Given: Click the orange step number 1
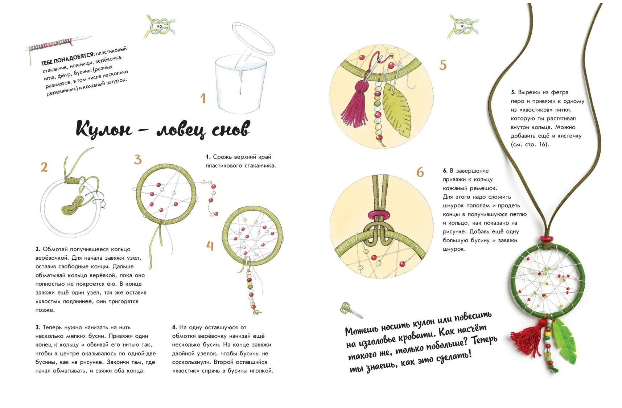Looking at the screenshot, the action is coord(203,98).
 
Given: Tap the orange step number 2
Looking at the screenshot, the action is coord(44,167).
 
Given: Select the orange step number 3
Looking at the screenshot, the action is coord(137,160).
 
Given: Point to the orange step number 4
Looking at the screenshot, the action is coord(210,246).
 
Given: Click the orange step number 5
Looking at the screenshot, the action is coord(443,65).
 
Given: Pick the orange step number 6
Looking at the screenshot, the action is coord(420,172).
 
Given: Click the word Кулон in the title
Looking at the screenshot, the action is coord(104,128).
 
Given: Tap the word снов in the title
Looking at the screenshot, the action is coord(230,129).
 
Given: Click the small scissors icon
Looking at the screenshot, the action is coord(351,310).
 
